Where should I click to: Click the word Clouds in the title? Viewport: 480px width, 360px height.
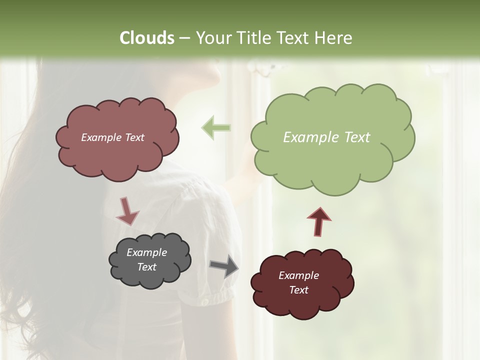(x=146, y=38)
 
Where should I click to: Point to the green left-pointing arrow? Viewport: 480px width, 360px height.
(x=216, y=128)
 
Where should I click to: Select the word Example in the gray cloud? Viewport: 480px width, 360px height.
(x=146, y=252)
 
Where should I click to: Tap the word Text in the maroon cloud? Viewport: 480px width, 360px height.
(x=298, y=290)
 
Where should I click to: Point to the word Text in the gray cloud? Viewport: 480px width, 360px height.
(x=146, y=267)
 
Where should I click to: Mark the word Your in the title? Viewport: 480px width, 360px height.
(x=211, y=38)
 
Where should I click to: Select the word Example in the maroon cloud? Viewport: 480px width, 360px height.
(x=298, y=275)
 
